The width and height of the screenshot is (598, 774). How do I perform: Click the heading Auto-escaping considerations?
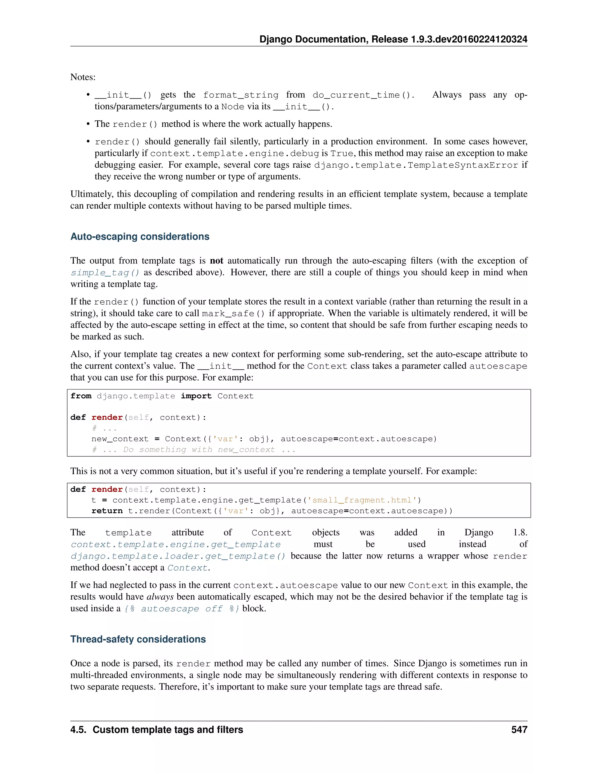(x=140, y=237)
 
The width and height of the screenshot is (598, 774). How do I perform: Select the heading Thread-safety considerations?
(x=138, y=639)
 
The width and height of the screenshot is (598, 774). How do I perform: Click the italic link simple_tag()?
(x=105, y=273)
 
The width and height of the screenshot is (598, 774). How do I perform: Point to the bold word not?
(x=216, y=261)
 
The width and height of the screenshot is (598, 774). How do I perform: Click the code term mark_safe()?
(x=233, y=314)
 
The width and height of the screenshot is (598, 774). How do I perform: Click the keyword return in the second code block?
(x=107, y=511)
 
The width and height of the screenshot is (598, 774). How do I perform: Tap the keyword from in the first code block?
(x=81, y=396)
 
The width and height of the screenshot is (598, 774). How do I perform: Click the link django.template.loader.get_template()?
(x=178, y=556)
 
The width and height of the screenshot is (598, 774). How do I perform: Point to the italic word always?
(x=160, y=597)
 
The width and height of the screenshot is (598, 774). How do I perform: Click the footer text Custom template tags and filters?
(x=168, y=730)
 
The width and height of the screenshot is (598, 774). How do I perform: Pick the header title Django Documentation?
(x=314, y=39)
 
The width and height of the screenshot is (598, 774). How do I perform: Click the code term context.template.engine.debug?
(x=234, y=153)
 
